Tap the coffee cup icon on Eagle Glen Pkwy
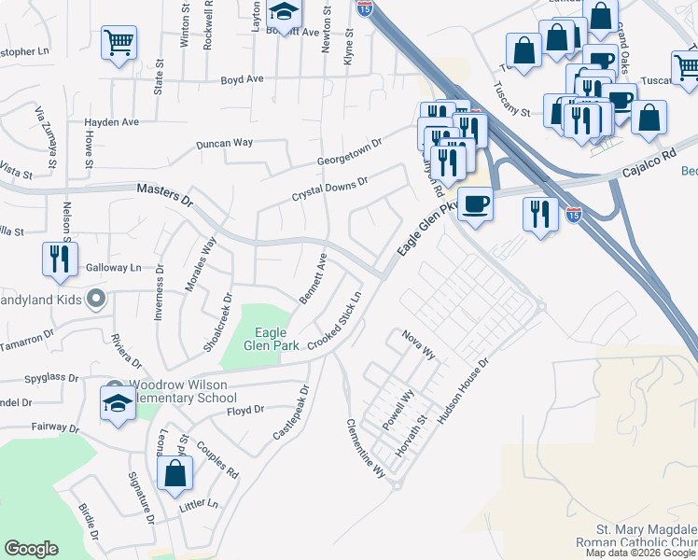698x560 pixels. pos(476,204)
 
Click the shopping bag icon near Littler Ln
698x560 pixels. pos(175,472)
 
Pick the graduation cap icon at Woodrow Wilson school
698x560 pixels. pos(119,404)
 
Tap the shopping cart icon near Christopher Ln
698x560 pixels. pos(119,43)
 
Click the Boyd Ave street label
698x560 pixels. pos(242,80)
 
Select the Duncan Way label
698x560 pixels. pos(224,144)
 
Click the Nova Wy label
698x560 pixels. pos(419,343)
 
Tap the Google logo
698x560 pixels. pos(31,549)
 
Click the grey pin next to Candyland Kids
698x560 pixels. pos(94,300)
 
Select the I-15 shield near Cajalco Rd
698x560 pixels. pos(573,214)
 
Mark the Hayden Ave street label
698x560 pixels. pos(111,122)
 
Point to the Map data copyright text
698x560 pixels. pos(640,553)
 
